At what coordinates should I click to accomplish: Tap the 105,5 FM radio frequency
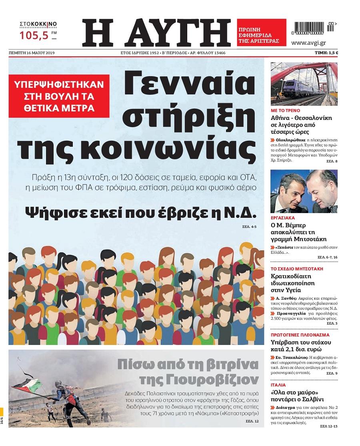(34, 35)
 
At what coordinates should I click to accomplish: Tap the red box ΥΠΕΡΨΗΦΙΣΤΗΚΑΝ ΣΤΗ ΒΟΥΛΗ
(59, 96)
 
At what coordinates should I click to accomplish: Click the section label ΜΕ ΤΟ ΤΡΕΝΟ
(286, 110)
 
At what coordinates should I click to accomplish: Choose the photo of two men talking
(304, 191)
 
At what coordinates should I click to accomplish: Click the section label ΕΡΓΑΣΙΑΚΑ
(283, 218)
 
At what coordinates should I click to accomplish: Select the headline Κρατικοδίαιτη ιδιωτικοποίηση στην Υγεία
(293, 283)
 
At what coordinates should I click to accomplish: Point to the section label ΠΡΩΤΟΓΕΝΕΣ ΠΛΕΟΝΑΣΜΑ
(300, 334)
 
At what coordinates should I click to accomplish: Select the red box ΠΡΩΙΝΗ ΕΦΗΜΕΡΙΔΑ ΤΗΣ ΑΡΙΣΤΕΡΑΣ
(261, 32)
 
